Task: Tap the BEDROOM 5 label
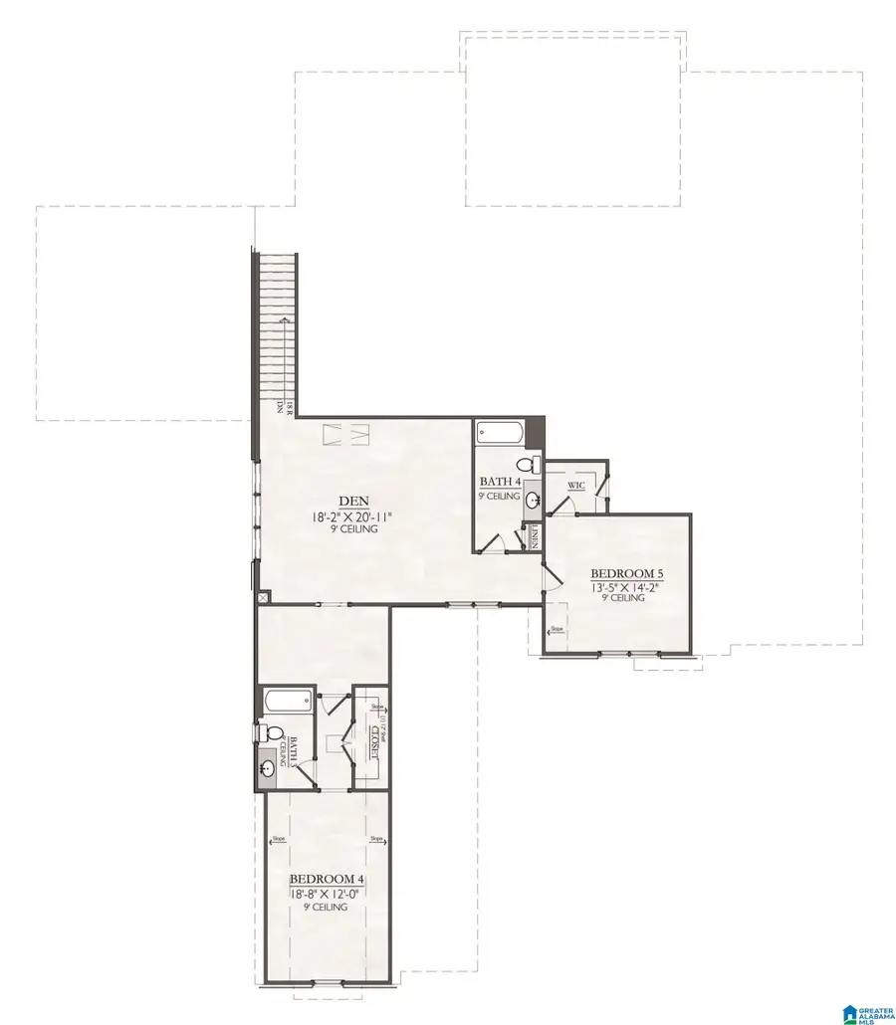pos(626,573)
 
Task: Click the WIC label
pos(575,486)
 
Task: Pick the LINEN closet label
pos(535,536)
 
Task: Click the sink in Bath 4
pos(533,500)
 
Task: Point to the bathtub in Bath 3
pos(289,701)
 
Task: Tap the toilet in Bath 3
pos(266,732)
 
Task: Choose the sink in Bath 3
pos(268,769)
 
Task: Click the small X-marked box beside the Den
pos(263,597)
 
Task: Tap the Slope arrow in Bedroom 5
pos(556,629)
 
